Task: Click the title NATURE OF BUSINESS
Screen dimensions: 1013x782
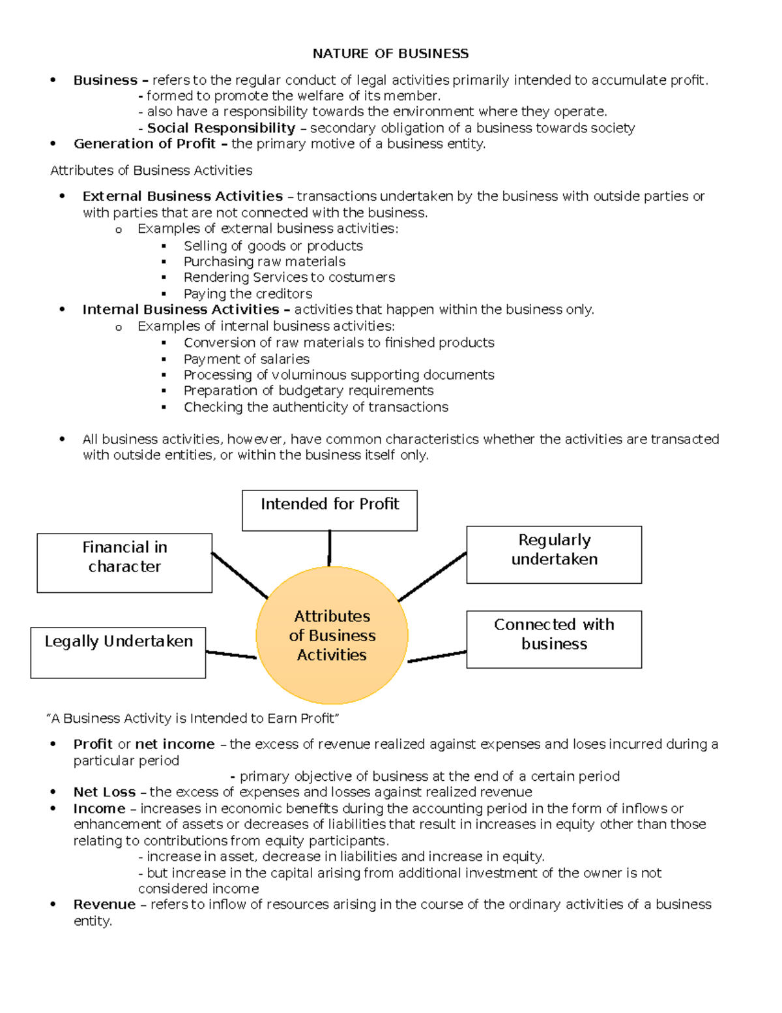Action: point(390,53)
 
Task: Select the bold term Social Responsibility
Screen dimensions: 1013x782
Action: point(221,128)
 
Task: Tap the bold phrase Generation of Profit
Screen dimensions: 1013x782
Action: point(145,144)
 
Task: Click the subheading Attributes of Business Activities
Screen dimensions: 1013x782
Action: point(151,170)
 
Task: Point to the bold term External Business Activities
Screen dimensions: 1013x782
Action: point(182,196)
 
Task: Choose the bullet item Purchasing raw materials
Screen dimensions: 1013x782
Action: point(264,262)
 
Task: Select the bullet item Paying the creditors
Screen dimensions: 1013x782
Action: point(248,294)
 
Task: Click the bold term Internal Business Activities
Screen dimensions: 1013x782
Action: point(181,309)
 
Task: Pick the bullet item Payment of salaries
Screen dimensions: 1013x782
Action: point(246,359)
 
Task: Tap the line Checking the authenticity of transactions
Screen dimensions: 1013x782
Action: point(315,407)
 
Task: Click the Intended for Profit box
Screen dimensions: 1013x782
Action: point(330,511)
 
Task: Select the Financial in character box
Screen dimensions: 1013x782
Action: point(124,563)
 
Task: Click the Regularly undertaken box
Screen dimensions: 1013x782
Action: point(554,554)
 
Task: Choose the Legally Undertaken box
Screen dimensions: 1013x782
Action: point(118,652)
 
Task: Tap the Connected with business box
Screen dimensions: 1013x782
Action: point(554,639)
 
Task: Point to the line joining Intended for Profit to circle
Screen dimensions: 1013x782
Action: point(330,548)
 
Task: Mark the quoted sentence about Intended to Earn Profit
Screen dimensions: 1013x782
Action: point(194,718)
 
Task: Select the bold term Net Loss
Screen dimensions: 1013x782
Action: point(104,792)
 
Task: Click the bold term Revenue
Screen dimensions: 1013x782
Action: point(104,904)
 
